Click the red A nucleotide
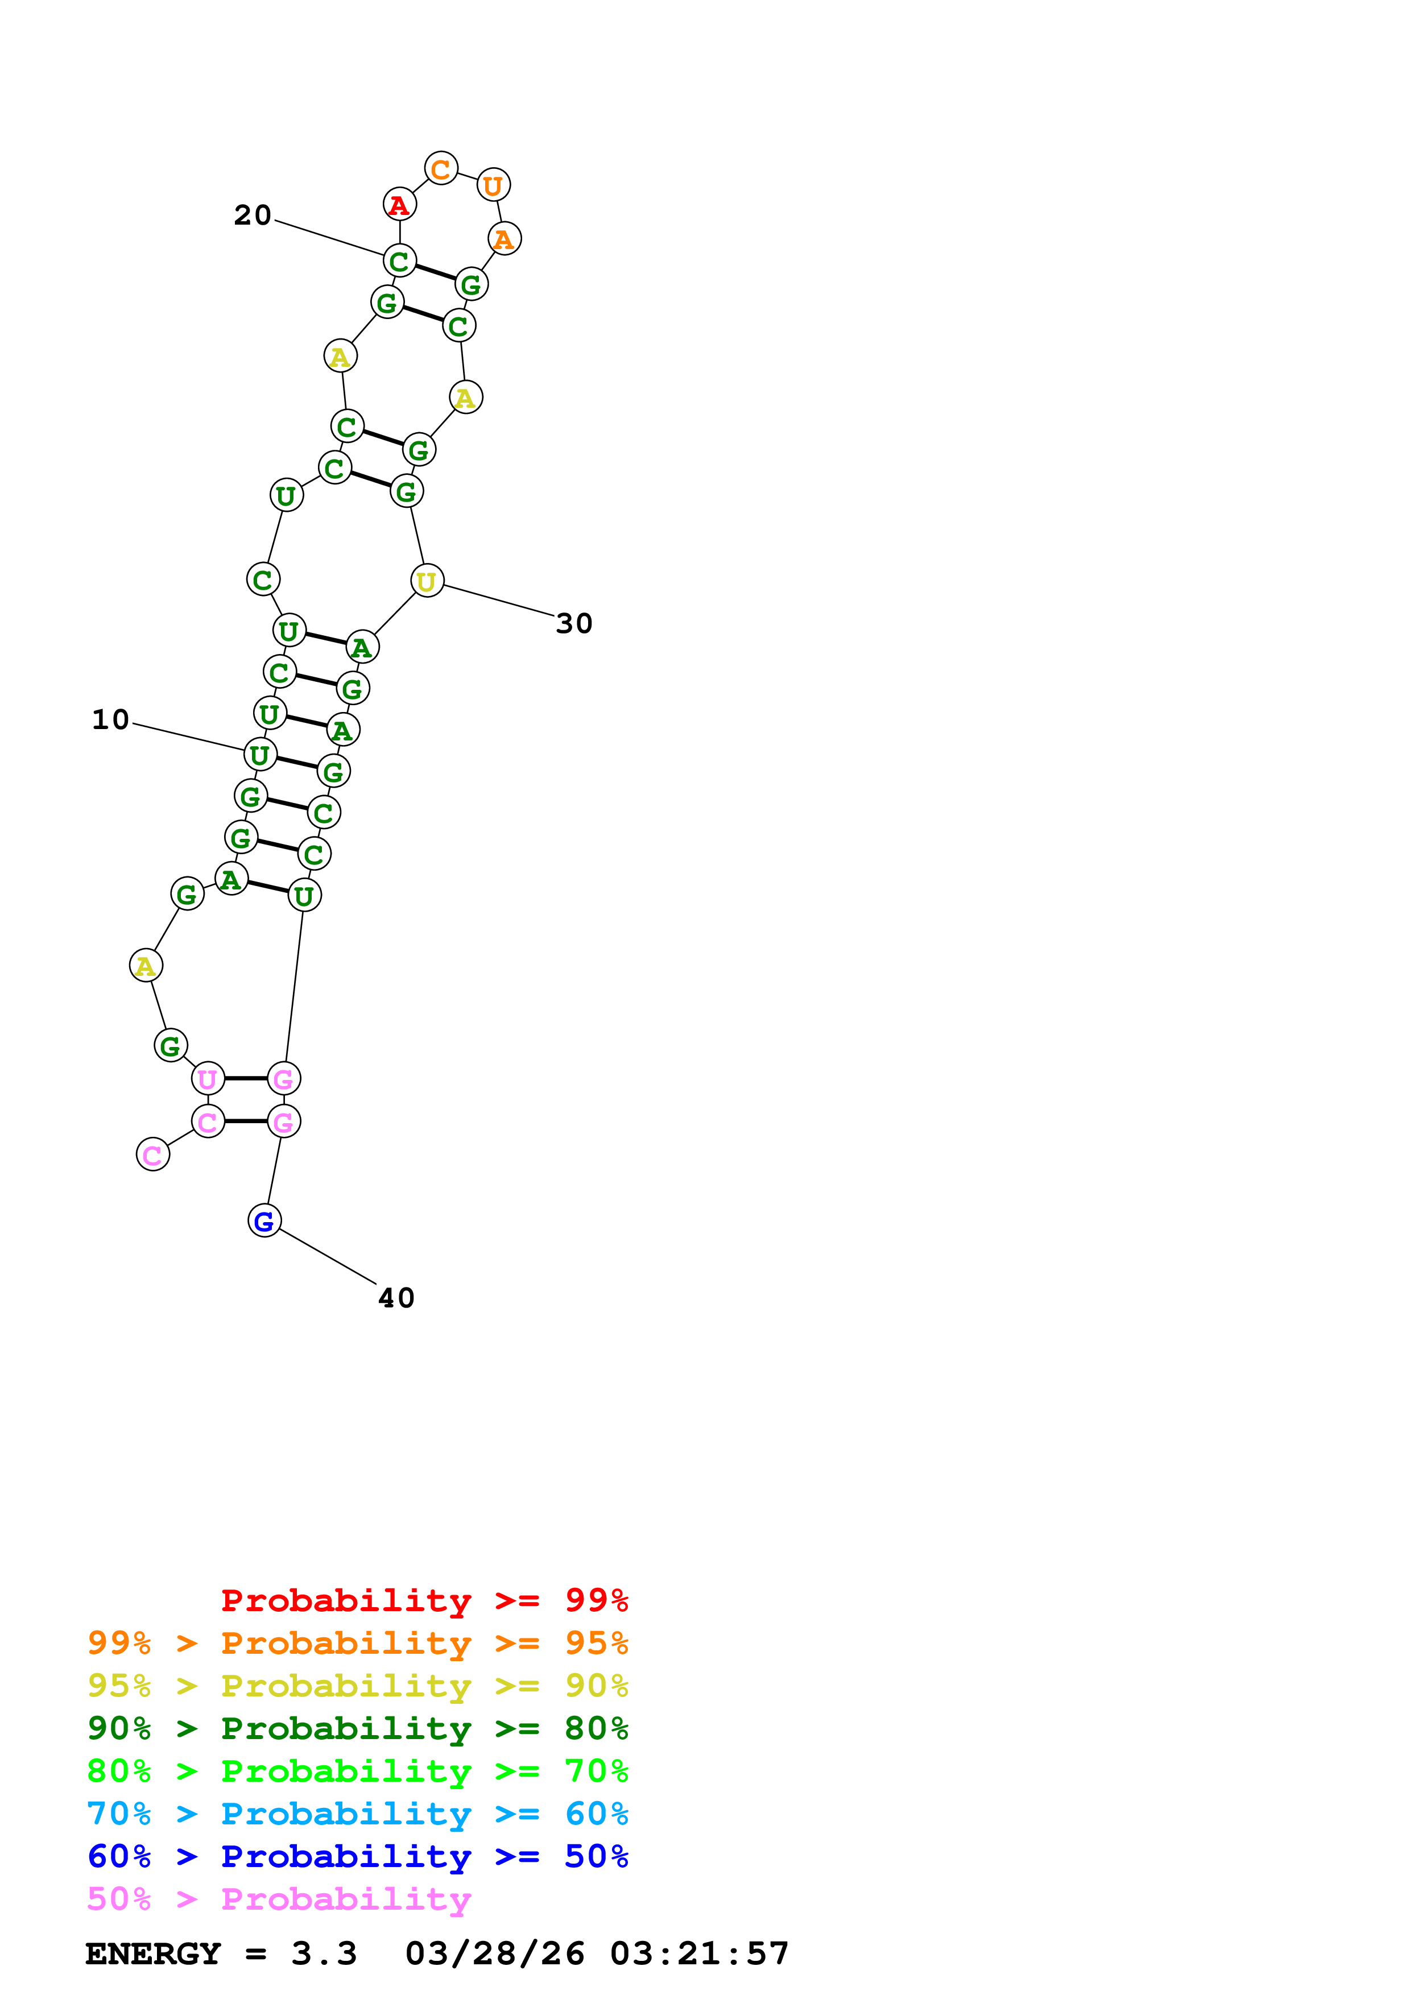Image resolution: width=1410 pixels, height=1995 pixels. point(400,205)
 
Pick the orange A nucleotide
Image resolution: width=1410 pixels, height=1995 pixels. point(505,239)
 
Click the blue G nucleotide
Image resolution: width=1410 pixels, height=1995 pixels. point(264,1221)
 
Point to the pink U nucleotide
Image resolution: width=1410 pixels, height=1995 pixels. point(208,1079)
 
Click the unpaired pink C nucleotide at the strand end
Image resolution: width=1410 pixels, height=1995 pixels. point(153,1155)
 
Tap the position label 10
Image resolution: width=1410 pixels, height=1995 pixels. point(110,719)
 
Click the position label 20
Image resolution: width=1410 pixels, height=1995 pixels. point(253,214)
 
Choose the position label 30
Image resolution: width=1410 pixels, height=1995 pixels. point(574,623)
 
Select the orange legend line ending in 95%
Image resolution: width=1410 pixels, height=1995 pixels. point(357,1643)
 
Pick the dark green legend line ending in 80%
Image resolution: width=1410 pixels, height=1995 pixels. point(357,1728)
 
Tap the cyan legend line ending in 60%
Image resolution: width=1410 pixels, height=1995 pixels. point(357,1814)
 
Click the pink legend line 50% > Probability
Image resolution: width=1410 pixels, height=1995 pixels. point(279,1898)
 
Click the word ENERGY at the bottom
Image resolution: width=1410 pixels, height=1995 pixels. point(153,1953)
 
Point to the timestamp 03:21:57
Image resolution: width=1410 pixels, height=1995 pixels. point(700,1953)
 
